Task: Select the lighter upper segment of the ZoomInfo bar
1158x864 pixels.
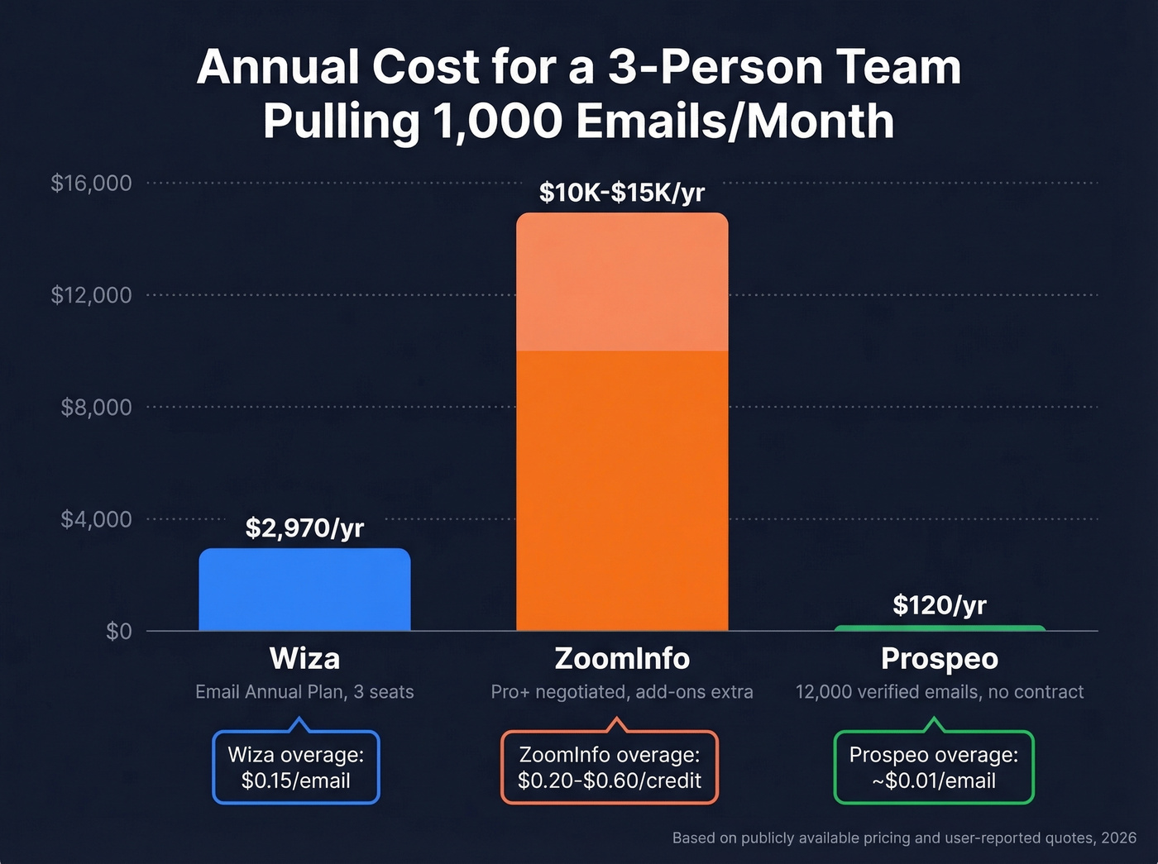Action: [x=622, y=282]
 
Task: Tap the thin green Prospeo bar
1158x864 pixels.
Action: [x=940, y=628]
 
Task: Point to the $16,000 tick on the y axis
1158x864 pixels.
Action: [x=91, y=183]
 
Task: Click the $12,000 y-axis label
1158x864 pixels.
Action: [x=91, y=295]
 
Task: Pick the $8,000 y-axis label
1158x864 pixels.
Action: [x=96, y=407]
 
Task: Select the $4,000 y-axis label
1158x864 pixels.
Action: [x=96, y=519]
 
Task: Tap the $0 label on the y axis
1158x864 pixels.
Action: [x=118, y=632]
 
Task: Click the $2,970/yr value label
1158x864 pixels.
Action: [x=304, y=527]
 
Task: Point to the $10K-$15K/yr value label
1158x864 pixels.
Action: [x=622, y=193]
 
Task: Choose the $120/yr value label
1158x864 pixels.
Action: [x=940, y=605]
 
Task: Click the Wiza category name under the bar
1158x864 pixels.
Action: [x=304, y=659]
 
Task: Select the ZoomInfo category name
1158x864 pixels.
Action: [x=622, y=659]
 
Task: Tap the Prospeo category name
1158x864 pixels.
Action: [x=940, y=659]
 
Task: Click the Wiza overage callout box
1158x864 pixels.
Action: [x=296, y=767]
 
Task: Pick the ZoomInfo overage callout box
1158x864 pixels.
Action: [x=610, y=767]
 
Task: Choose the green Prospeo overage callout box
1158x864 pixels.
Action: [x=934, y=767]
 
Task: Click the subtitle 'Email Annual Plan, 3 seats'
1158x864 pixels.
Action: [x=304, y=692]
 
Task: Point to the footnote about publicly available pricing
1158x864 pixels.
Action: [x=904, y=838]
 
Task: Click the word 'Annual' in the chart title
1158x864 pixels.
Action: [x=279, y=67]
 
